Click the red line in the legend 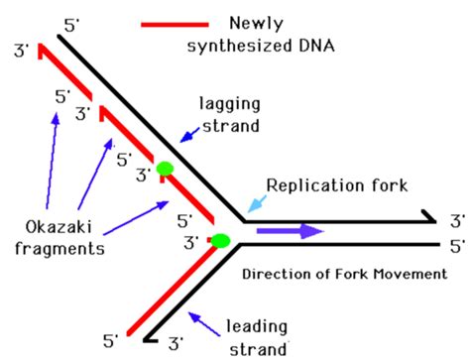pyautogui.click(x=175, y=22)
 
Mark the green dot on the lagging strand pyautogui.click(x=166, y=170)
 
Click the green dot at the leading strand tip pyautogui.click(x=220, y=239)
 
